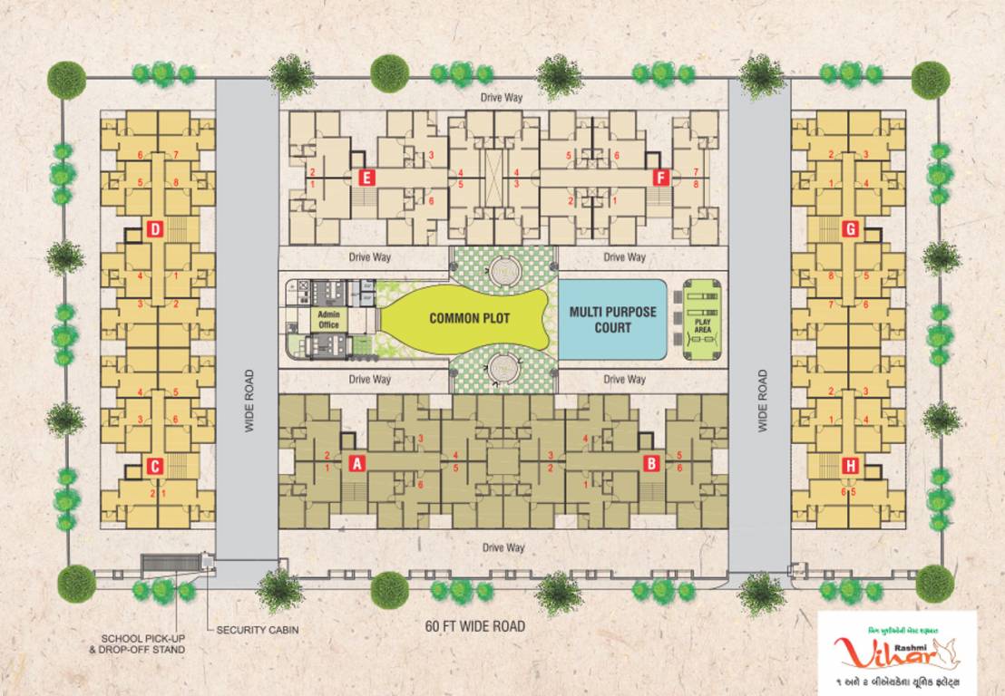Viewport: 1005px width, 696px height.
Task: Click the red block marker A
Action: (x=357, y=463)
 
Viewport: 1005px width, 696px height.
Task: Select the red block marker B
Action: (x=650, y=463)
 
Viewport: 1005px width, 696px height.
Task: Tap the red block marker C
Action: (x=155, y=467)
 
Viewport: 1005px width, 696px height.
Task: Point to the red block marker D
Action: (x=155, y=230)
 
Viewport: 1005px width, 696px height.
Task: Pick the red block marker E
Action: (x=366, y=178)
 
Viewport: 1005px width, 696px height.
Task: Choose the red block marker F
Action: (x=659, y=178)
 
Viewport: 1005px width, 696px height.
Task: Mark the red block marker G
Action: (x=850, y=229)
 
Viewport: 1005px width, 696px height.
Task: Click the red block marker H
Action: (x=850, y=466)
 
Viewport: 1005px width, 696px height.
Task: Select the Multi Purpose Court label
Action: (x=612, y=319)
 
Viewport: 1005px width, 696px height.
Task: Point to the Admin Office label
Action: (x=328, y=319)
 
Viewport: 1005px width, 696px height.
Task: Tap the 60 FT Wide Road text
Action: (x=475, y=626)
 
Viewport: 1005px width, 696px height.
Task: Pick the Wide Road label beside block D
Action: (x=248, y=400)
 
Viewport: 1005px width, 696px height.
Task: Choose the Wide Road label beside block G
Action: (x=761, y=400)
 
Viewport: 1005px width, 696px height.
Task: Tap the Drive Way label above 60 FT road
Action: (x=503, y=547)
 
